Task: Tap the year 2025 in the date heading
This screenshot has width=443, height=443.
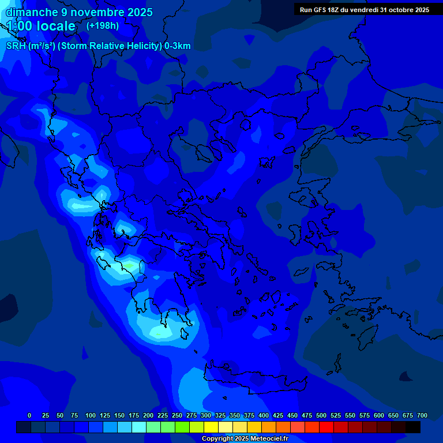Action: tap(136, 12)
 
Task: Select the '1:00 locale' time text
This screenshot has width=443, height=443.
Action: tap(41, 27)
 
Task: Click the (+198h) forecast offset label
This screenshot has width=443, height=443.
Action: tap(102, 26)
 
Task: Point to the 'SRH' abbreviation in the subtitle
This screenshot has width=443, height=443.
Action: tap(16, 46)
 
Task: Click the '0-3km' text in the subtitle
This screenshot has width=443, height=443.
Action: tap(178, 46)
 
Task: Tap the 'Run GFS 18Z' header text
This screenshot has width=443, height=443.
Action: tap(320, 10)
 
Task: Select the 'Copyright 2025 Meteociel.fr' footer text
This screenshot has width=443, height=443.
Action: tap(245, 438)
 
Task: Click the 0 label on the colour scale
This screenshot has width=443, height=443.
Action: tap(29, 415)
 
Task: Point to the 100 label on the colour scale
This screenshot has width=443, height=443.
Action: tap(91, 415)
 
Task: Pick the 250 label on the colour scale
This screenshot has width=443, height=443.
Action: tap(177, 415)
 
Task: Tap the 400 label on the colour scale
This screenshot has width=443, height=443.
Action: tap(264, 415)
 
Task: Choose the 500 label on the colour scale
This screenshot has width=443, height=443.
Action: tap(321, 415)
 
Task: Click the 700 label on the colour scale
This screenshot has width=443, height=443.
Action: tap(422, 415)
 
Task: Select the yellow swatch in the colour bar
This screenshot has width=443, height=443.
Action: tap(211, 427)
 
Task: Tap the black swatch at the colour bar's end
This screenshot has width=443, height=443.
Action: tap(413, 427)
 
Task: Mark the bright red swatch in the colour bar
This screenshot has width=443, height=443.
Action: tap(326, 427)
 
